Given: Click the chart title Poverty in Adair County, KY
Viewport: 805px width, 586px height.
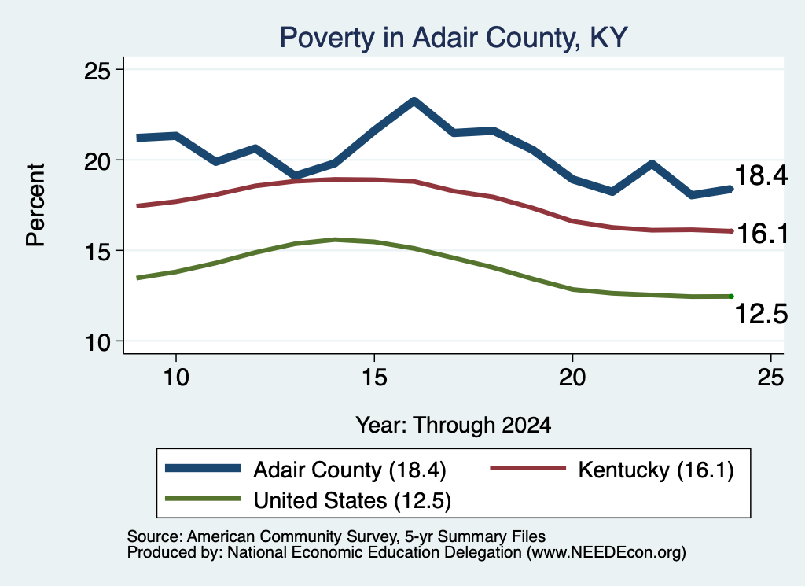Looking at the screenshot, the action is [x=454, y=38].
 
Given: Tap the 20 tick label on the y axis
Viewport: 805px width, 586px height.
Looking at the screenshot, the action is [x=97, y=160].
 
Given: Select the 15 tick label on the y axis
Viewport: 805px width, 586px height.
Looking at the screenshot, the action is [x=97, y=251].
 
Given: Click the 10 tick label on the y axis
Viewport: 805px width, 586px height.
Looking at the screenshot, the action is [x=97, y=342].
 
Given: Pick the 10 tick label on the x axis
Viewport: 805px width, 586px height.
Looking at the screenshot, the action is [x=176, y=378].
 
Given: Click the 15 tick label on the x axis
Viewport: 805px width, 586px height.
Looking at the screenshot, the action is [x=374, y=378].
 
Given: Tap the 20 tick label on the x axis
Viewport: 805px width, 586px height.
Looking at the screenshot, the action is [x=572, y=378].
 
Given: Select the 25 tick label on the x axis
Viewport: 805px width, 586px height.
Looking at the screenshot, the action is [x=770, y=378].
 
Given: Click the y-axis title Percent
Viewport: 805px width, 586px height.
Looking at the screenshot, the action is [x=35, y=205].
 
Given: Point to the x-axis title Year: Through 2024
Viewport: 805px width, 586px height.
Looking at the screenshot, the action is [x=454, y=426].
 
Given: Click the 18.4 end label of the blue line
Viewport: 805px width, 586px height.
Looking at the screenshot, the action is [x=761, y=175].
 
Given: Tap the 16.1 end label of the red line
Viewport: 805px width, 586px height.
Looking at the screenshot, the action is [x=763, y=234].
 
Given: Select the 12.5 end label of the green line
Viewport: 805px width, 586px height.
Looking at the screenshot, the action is [x=761, y=314].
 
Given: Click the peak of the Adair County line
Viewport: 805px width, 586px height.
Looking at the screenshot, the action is [x=414, y=101].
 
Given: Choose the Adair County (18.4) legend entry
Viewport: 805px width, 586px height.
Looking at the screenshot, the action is [x=306, y=470].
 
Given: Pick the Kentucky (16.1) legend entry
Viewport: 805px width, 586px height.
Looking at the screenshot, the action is [x=612, y=470].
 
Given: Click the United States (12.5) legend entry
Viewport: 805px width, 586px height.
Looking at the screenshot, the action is [x=308, y=500].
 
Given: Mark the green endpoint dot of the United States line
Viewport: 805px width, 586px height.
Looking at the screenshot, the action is [x=731, y=297].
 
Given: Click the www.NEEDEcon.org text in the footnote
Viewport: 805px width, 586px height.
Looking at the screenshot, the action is [x=606, y=553].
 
